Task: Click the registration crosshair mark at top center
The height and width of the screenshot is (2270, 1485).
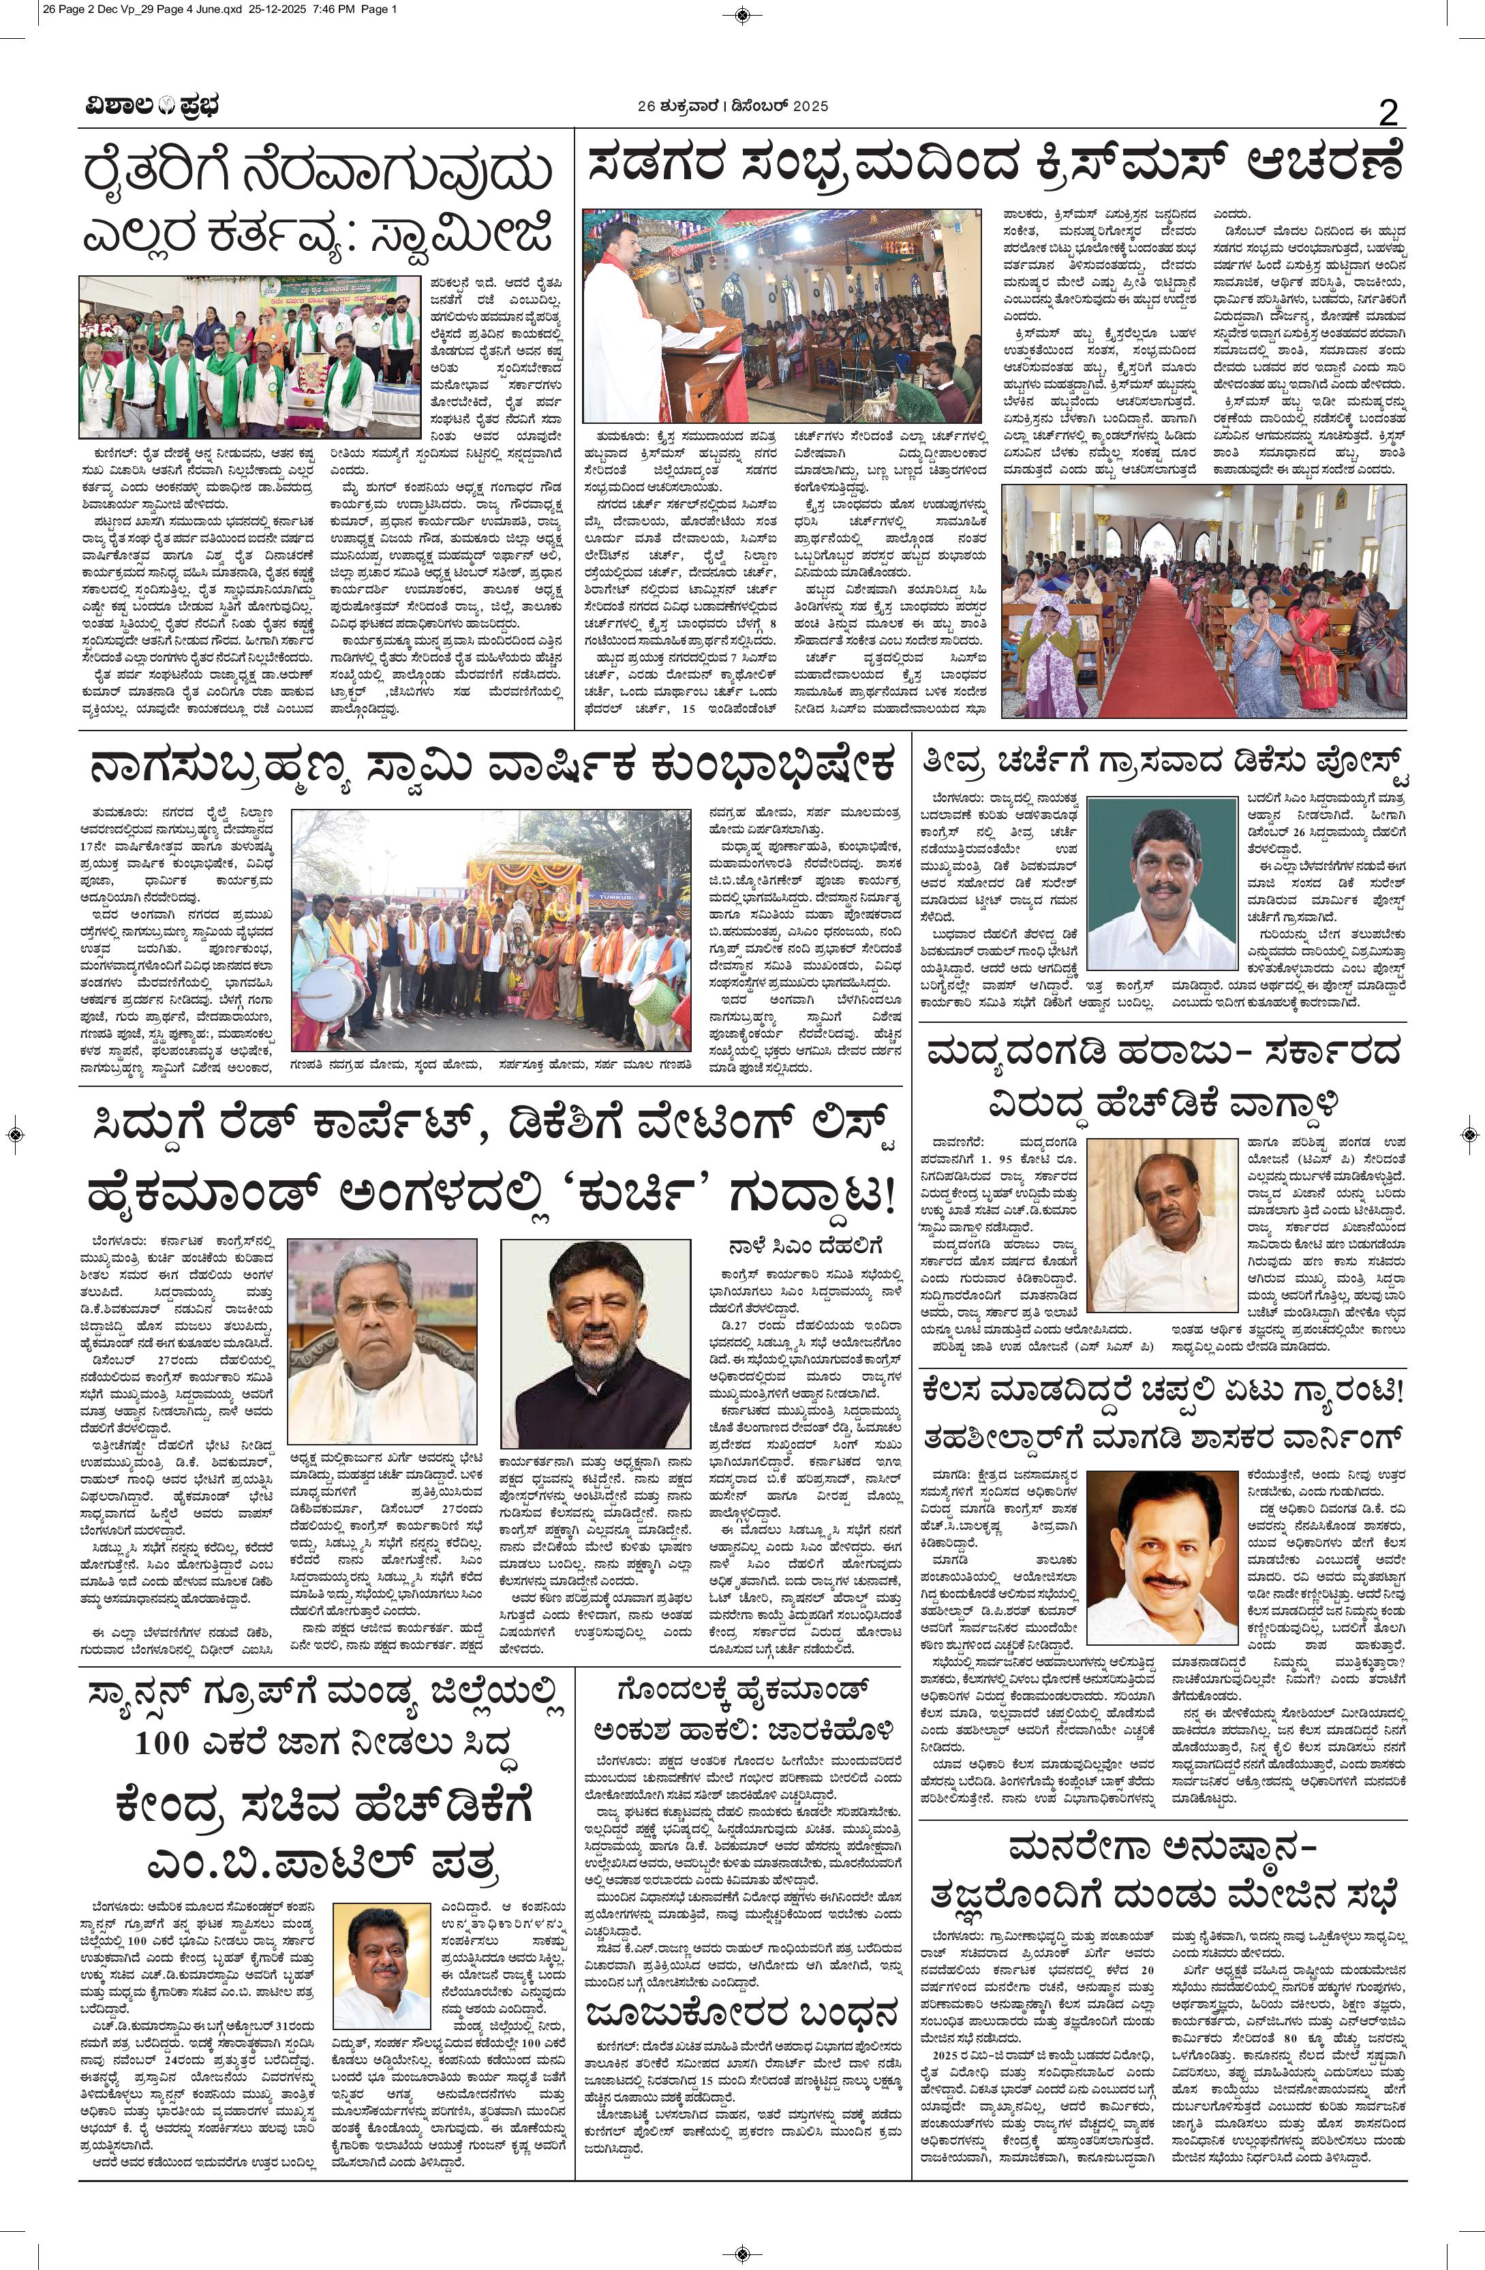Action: tap(742, 14)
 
